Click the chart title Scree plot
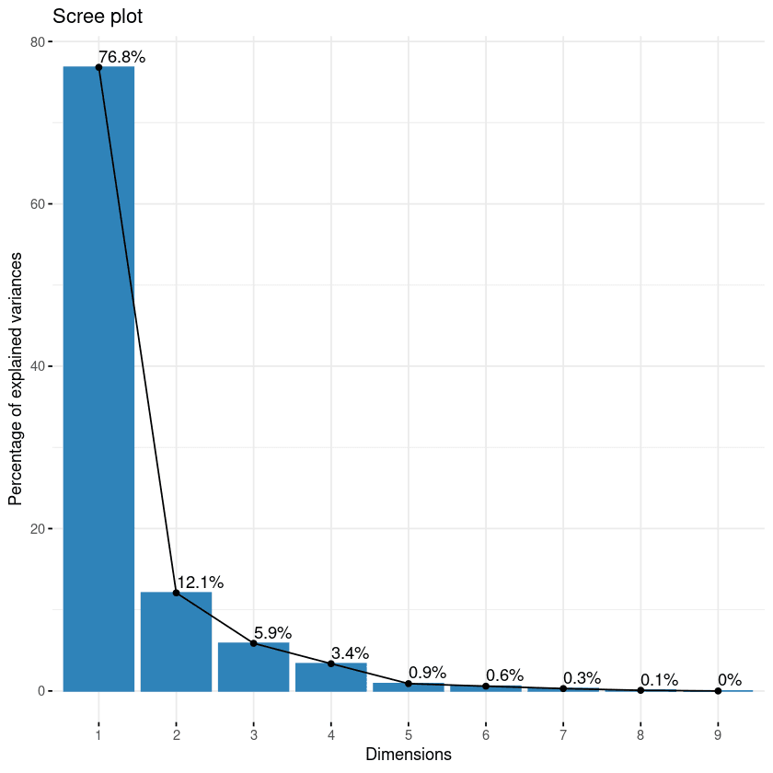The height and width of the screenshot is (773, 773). pyautogui.click(x=98, y=17)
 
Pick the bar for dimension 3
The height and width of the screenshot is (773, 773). pyautogui.click(x=253, y=666)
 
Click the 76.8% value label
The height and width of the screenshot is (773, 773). pyautogui.click(x=121, y=57)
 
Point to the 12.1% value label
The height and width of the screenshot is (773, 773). pyautogui.click(x=200, y=583)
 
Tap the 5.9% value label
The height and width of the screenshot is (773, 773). pyautogui.click(x=272, y=633)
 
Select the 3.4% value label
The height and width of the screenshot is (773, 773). pyautogui.click(x=350, y=653)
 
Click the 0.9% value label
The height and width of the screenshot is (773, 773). pyautogui.click(x=427, y=674)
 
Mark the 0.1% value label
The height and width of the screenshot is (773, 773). pyautogui.click(x=659, y=680)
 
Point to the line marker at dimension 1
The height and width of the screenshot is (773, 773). pyautogui.click(x=98, y=67)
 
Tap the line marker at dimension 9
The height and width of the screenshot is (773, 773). pyautogui.click(x=718, y=691)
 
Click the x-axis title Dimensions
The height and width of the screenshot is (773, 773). pyautogui.click(x=408, y=755)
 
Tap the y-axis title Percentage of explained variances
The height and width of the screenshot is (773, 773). pyautogui.click(x=16, y=366)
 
